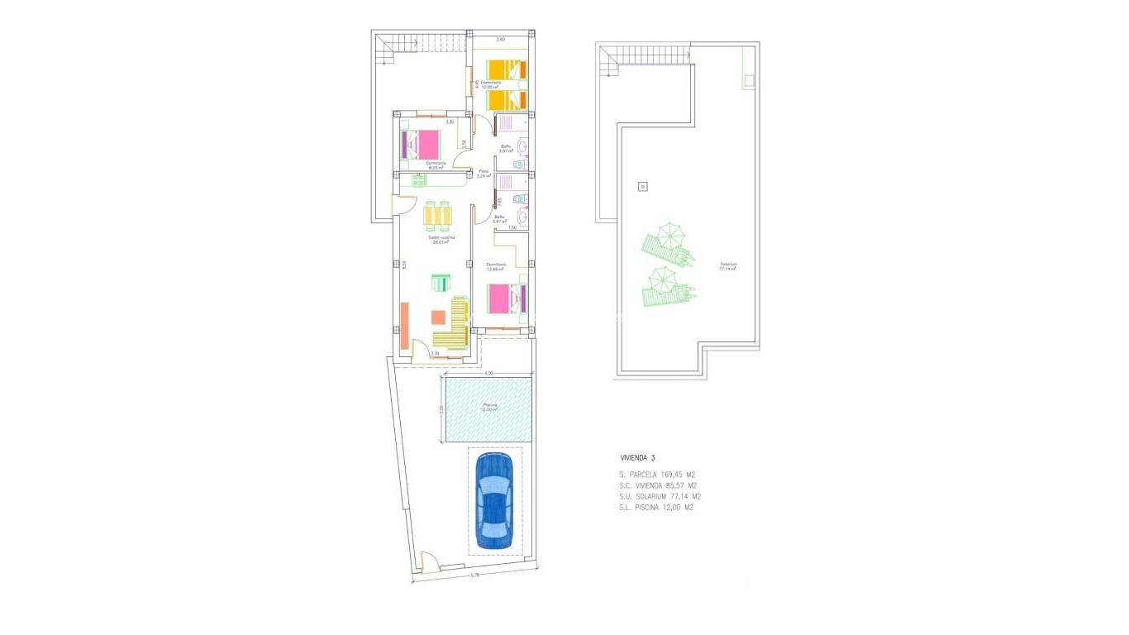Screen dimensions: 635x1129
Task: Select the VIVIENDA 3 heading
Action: (638, 457)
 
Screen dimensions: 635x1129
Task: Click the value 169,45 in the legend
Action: (664, 475)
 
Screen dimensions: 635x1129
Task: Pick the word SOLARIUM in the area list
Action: (658, 497)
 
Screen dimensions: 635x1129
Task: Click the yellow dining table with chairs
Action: (438, 216)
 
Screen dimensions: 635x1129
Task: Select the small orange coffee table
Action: (438, 317)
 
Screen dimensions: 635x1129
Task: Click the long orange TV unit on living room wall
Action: (404, 326)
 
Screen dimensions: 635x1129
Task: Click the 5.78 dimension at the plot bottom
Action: (474, 575)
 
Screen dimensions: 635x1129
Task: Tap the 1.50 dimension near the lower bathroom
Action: (512, 227)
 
